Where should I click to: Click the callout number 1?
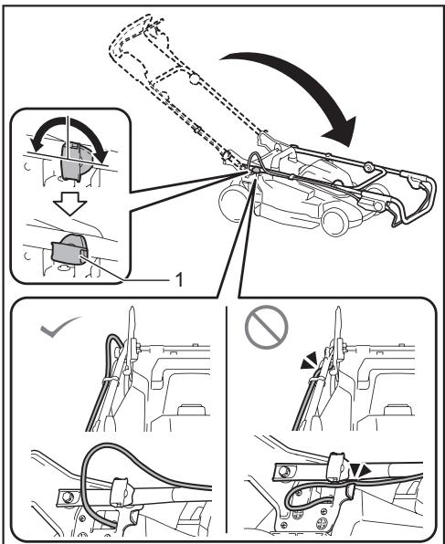(179, 279)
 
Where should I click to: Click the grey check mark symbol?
(59, 327)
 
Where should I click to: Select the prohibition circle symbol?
(267, 327)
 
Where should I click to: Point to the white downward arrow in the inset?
(69, 205)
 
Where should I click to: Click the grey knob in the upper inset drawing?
(77, 162)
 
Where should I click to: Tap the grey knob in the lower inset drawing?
(69, 249)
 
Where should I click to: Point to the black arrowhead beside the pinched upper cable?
(309, 361)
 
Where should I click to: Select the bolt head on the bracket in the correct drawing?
(66, 497)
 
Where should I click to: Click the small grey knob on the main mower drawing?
(255, 171)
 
